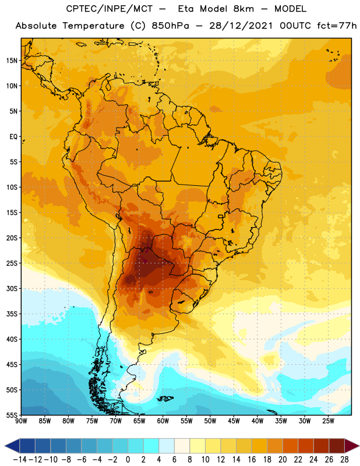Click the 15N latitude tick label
point(12,61)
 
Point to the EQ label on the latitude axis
point(13,137)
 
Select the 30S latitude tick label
point(12,288)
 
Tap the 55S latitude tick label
point(12,415)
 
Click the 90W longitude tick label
point(22,421)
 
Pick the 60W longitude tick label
point(163,421)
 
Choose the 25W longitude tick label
point(328,421)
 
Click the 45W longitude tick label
point(234,421)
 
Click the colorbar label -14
point(20,460)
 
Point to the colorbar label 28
point(344,460)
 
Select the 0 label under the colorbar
point(128,460)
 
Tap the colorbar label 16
point(252,460)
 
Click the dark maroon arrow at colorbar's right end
point(351,446)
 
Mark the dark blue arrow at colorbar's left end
point(12,446)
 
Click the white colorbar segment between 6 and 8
point(182,446)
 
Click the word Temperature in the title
point(93,26)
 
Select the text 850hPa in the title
point(170,26)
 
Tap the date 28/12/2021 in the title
point(241,26)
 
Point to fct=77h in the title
point(337,26)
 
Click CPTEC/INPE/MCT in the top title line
point(110,9)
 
